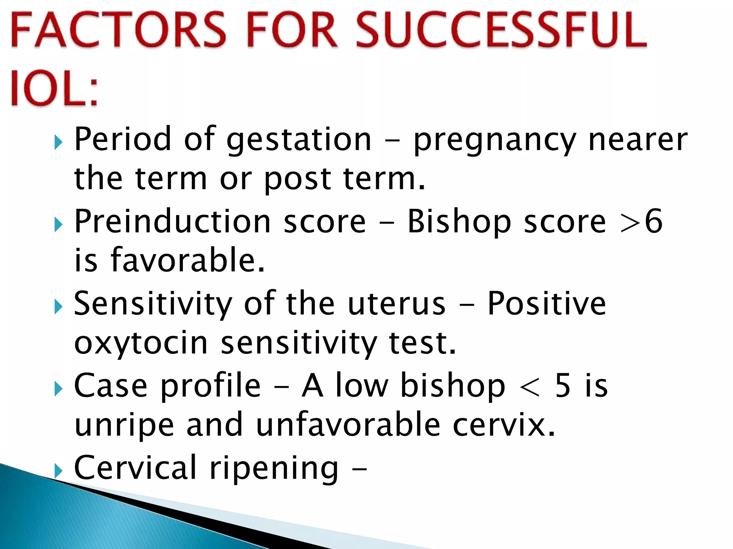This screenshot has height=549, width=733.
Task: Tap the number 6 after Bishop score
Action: click(x=654, y=222)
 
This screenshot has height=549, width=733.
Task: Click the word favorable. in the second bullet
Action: click(x=188, y=260)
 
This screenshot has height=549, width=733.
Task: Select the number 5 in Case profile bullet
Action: click(x=563, y=386)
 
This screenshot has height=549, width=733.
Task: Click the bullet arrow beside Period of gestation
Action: click(x=58, y=143)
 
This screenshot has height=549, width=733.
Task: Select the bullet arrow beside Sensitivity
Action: click(x=58, y=307)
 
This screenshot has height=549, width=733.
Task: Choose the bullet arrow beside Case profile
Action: click(x=58, y=389)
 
